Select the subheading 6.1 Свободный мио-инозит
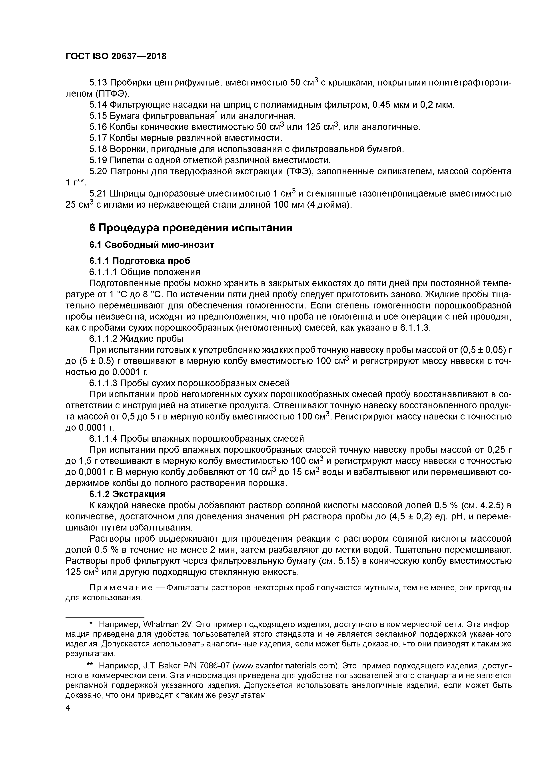[x=152, y=245]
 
